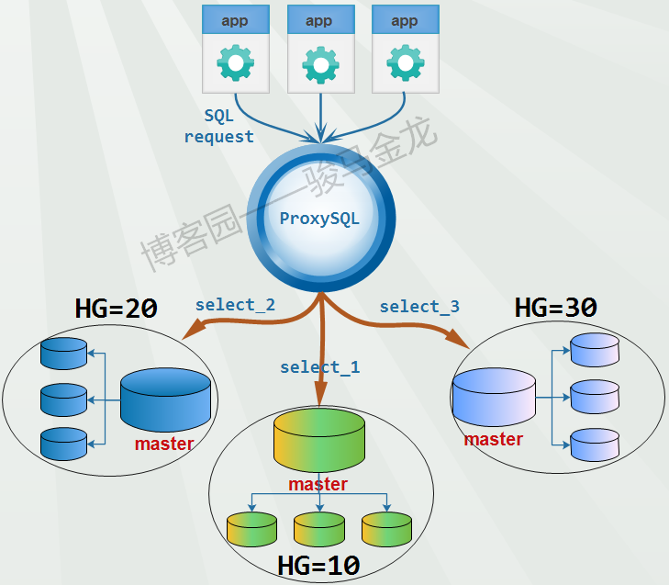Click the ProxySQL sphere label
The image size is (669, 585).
pyautogui.click(x=319, y=219)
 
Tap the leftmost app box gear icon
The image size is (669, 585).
pyautogui.click(x=235, y=63)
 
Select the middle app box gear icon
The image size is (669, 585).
pyautogui.click(x=320, y=63)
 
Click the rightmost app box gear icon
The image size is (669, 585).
pyautogui.click(x=405, y=63)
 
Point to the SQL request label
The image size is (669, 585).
pyautogui.click(x=218, y=127)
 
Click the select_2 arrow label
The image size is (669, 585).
pyautogui.click(x=235, y=305)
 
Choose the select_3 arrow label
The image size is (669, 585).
pyautogui.click(x=419, y=306)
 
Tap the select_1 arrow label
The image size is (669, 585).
pyautogui.click(x=319, y=367)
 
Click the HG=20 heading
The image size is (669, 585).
pyautogui.click(x=116, y=309)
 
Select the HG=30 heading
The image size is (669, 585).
pyautogui.click(x=556, y=308)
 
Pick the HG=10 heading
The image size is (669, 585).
pyautogui.click(x=318, y=564)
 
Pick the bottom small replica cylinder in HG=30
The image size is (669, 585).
pyautogui.click(x=595, y=444)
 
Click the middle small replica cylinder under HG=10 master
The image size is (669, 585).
pyautogui.click(x=318, y=527)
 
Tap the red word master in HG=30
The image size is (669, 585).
pyautogui.click(x=493, y=440)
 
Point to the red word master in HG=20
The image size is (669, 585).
pyautogui.click(x=164, y=444)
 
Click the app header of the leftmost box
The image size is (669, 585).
pyautogui.click(x=235, y=21)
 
